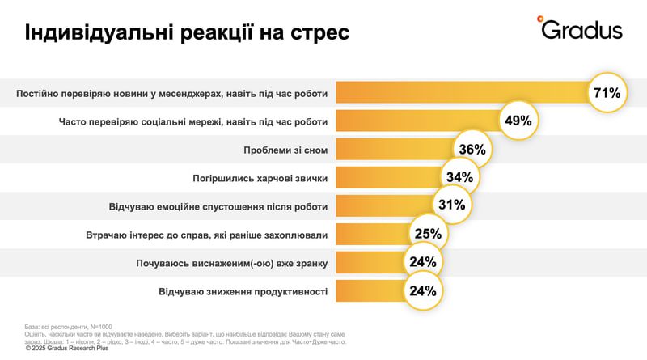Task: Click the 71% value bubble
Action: click(607, 93)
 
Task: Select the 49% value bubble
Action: click(518, 121)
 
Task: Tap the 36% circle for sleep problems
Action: click(472, 150)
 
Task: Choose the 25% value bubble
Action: click(429, 234)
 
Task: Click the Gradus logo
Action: click(580, 29)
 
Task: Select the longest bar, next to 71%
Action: click(461, 93)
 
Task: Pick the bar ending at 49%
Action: click(417, 121)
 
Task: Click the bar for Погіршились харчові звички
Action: click(388, 178)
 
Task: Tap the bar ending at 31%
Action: click(383, 205)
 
